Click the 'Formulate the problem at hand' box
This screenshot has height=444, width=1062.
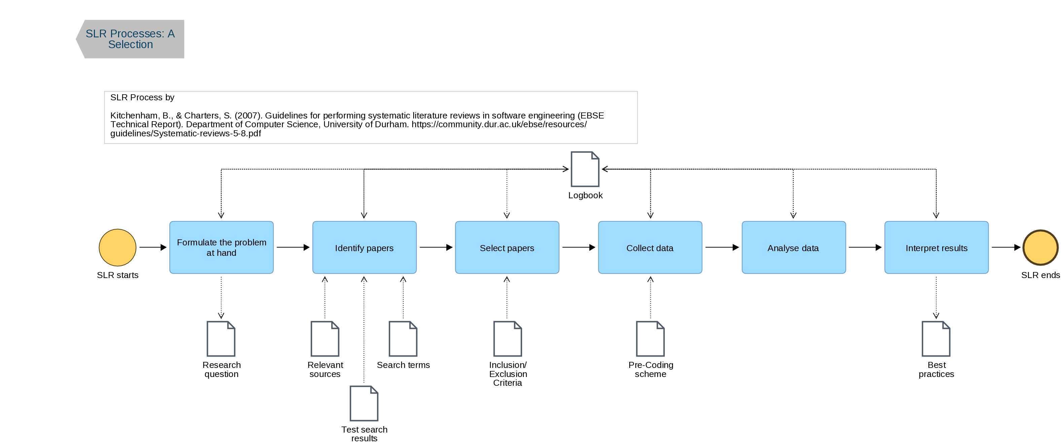point(221,247)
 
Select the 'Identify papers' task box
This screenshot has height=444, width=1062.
point(364,247)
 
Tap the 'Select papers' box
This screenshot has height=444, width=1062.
point(507,247)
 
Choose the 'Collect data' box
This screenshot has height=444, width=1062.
point(650,247)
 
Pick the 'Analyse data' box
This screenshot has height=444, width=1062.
point(793,247)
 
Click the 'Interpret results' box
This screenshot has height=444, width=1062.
point(936,247)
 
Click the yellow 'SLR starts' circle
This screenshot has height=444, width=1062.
point(117,247)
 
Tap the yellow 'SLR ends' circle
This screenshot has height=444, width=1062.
point(1040,247)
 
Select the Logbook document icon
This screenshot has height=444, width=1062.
point(585,169)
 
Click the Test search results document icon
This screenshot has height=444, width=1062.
point(364,403)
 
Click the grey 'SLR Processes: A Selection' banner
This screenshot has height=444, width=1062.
point(130,39)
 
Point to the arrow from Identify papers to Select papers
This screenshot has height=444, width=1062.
point(435,247)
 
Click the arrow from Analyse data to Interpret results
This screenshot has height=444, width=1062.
point(864,247)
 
